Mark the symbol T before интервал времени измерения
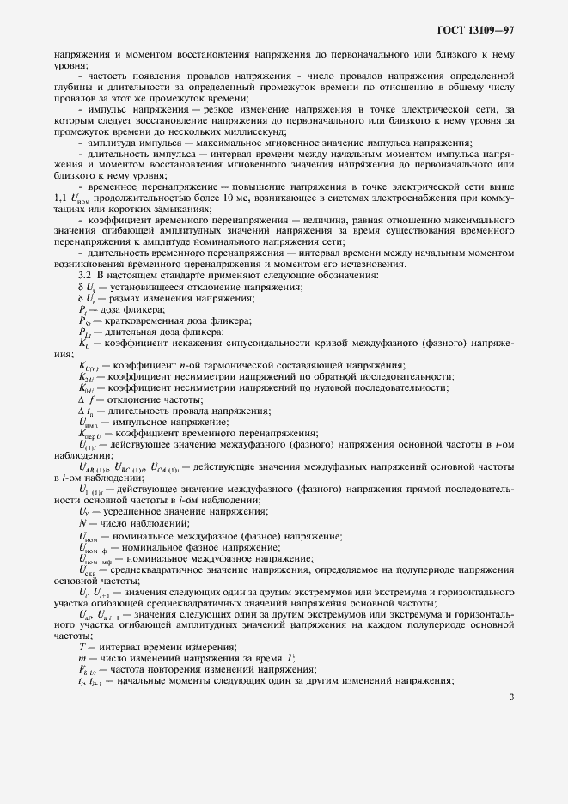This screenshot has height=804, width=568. (x=82, y=646)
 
